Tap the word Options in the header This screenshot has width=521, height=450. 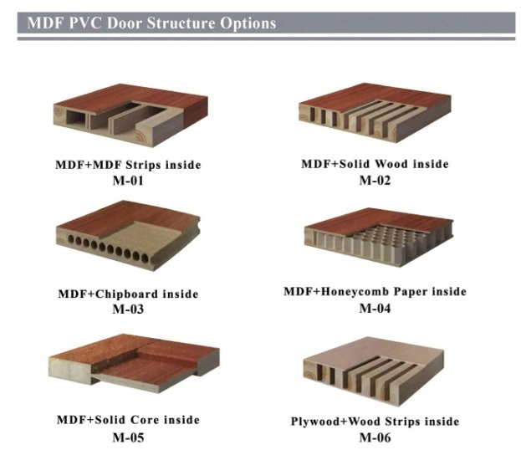tap(248, 23)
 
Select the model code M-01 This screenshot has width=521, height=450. tap(128, 181)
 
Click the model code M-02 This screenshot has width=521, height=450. tap(375, 181)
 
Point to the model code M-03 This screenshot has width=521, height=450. tap(128, 309)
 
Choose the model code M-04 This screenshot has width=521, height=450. tap(375, 309)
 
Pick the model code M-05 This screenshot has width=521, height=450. tap(128, 437)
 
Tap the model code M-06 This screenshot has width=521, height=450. tap(375, 437)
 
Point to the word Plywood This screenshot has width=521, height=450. tap(314, 422)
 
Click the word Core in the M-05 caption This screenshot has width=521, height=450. tap(144, 420)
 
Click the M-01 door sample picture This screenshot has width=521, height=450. tap(130, 115)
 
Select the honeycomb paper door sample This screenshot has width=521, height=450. tap(379, 237)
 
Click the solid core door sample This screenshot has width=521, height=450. tap(134, 363)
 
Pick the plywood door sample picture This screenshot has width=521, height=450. tap(374, 371)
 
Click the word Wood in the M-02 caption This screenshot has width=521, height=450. tap(392, 164)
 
